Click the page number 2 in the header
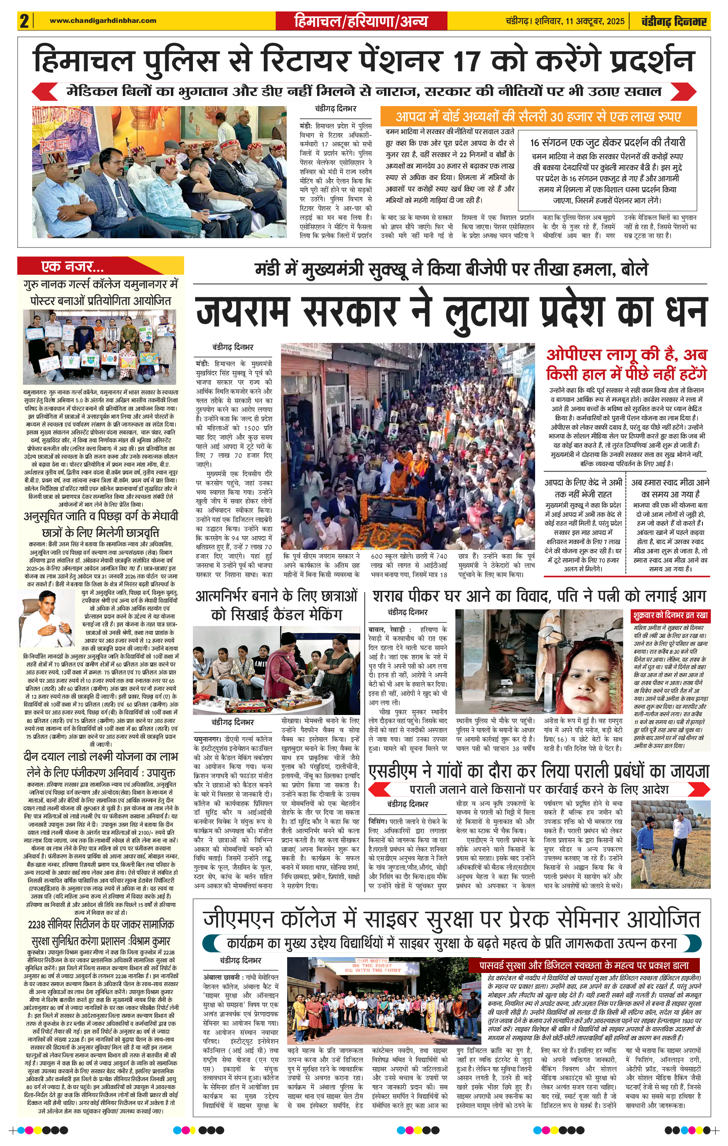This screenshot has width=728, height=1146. click(24, 22)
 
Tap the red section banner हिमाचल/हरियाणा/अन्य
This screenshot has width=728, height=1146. click(361, 22)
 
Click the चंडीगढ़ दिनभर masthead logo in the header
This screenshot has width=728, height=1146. click(674, 22)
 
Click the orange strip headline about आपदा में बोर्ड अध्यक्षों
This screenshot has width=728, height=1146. click(538, 117)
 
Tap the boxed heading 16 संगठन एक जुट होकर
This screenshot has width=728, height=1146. click(607, 142)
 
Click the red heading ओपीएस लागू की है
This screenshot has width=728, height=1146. click(626, 364)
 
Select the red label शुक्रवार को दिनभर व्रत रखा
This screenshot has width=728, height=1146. click(670, 615)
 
